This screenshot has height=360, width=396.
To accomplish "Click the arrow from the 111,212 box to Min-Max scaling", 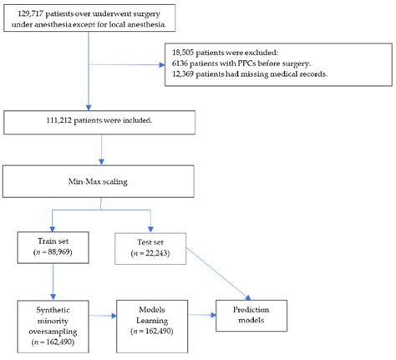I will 101,150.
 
